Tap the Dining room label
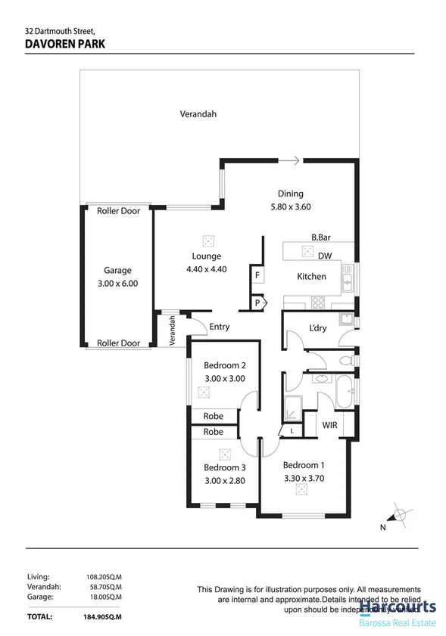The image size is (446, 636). (290, 194)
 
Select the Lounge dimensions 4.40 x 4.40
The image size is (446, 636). (207, 269)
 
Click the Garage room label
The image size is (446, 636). (117, 270)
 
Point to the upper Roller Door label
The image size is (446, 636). (119, 212)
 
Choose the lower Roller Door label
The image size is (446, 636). (119, 343)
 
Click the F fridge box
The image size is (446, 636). (257, 276)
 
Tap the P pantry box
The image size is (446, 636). (257, 302)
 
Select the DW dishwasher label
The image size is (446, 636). (326, 256)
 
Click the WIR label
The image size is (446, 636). (329, 426)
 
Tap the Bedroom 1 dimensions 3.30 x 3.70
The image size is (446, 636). (303, 478)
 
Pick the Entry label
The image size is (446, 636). (220, 327)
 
